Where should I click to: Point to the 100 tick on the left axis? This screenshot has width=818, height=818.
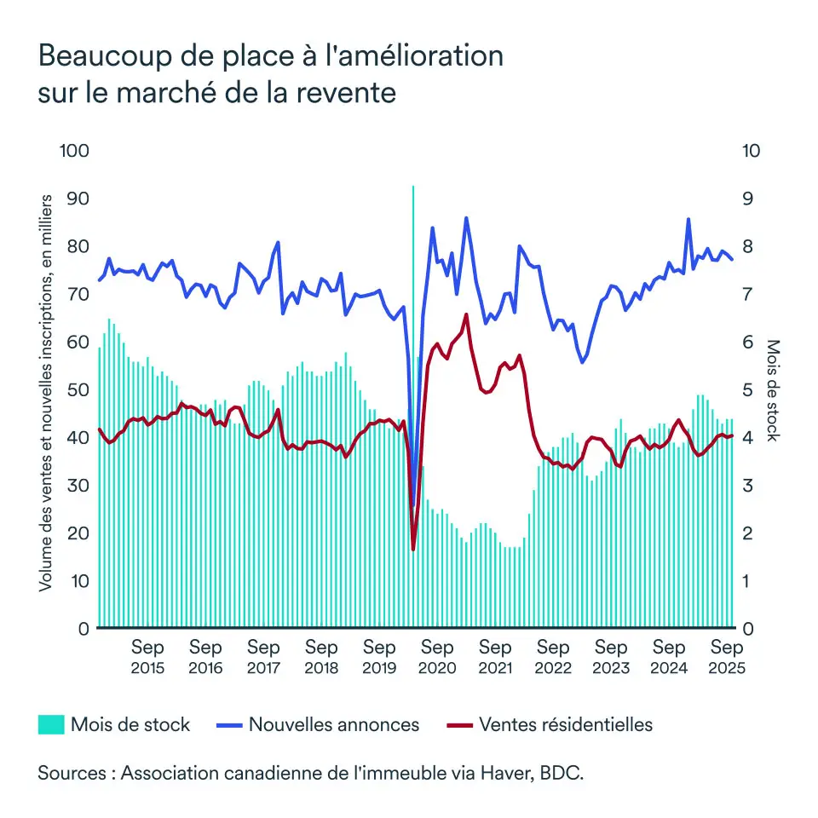pos(74,151)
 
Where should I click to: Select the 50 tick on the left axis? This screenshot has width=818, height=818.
pos(78,389)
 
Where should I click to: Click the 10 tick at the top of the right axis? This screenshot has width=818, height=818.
pos(751,151)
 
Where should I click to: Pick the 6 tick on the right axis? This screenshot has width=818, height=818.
pos(746,342)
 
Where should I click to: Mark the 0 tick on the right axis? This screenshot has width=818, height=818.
pos(746,629)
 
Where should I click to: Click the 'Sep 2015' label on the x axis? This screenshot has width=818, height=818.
pos(147,657)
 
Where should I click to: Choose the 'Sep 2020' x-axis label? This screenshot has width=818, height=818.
pos(437,657)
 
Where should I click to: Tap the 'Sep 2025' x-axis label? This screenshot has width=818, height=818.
pos(727,657)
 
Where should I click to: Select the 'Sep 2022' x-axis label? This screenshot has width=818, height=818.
pos(553,657)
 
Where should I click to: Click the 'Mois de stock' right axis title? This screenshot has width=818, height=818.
pos(773,390)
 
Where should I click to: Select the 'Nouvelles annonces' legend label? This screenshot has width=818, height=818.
pos(334,725)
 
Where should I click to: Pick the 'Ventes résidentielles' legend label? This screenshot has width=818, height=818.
pos(566,725)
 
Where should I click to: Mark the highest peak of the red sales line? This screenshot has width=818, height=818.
pos(466,314)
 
